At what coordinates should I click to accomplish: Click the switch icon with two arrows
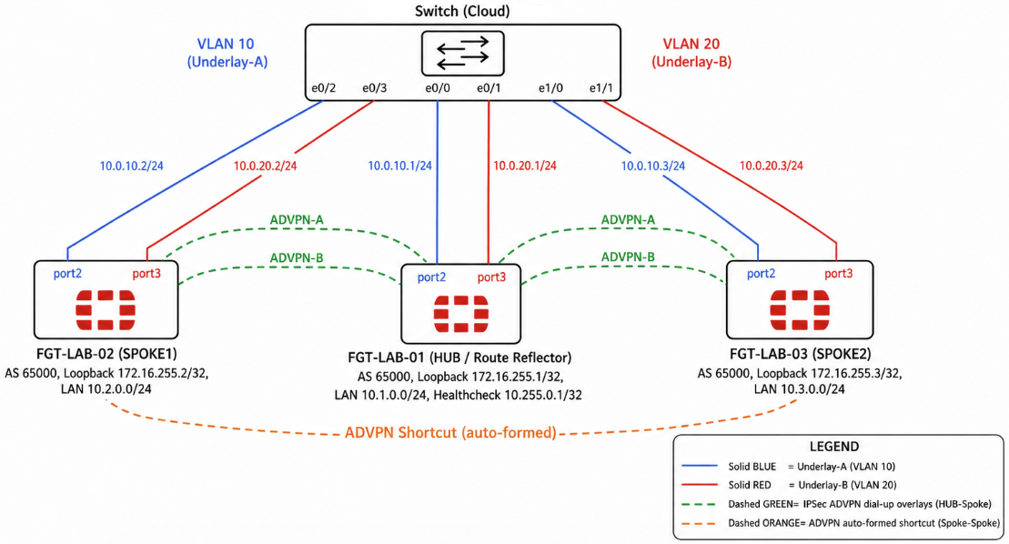coord(463,53)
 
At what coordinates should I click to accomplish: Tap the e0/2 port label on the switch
coord(323,88)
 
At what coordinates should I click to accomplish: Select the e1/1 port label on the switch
coord(601,88)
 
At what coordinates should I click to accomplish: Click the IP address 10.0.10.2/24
coord(131,166)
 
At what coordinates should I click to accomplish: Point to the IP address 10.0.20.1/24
coord(524,166)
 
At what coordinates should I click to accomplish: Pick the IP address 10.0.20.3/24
coord(771,166)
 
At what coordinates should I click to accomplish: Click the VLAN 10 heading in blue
coord(226,44)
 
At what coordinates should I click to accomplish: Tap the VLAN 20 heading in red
coord(691,44)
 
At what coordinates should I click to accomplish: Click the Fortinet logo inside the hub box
coord(460,314)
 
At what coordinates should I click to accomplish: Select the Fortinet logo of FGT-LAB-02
coord(106,310)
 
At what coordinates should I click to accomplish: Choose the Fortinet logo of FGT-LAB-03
coord(800,310)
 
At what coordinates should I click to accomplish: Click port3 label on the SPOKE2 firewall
coord(839,274)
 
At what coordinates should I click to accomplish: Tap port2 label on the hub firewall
coord(431,277)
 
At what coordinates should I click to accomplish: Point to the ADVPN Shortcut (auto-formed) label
coord(450,433)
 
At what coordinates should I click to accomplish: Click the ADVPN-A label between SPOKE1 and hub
coord(296,220)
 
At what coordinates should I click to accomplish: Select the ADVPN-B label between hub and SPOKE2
coord(628,257)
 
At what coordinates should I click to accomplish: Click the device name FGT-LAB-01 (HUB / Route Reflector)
coord(459,358)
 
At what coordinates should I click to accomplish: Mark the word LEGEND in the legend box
coord(834,447)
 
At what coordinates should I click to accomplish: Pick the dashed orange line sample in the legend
coord(699,523)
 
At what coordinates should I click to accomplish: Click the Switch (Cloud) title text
coord(462,11)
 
